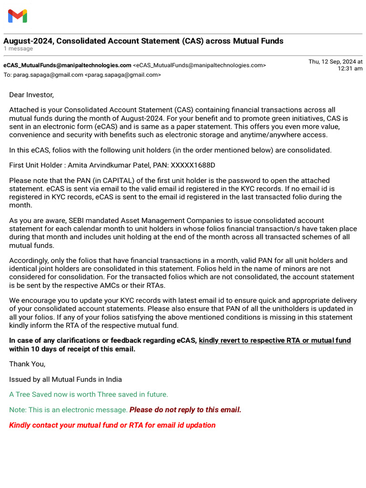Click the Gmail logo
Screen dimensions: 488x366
point(18,16)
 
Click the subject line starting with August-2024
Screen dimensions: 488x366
point(143,41)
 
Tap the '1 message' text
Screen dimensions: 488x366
point(18,49)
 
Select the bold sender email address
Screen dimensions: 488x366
point(67,65)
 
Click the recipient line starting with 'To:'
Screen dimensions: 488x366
point(82,75)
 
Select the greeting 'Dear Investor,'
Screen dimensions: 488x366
point(31,95)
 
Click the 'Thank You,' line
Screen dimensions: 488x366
point(27,364)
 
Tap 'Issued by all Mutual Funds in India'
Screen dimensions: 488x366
point(65,379)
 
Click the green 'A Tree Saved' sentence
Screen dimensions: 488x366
point(89,395)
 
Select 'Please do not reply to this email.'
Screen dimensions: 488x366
point(185,410)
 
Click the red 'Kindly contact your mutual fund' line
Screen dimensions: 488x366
point(112,425)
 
